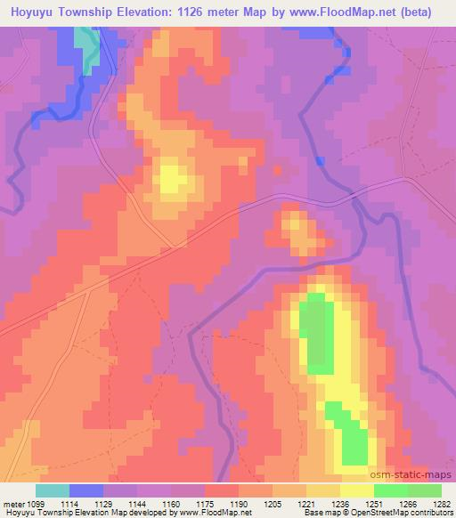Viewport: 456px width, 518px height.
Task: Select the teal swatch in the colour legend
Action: pyautogui.click(x=53, y=490)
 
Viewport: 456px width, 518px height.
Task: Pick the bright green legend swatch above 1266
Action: pyautogui.click(x=391, y=490)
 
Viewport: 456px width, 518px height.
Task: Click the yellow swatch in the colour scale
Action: pyautogui.click(x=357, y=490)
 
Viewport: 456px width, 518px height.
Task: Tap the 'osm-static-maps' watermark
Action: pyautogui.click(x=417, y=476)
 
